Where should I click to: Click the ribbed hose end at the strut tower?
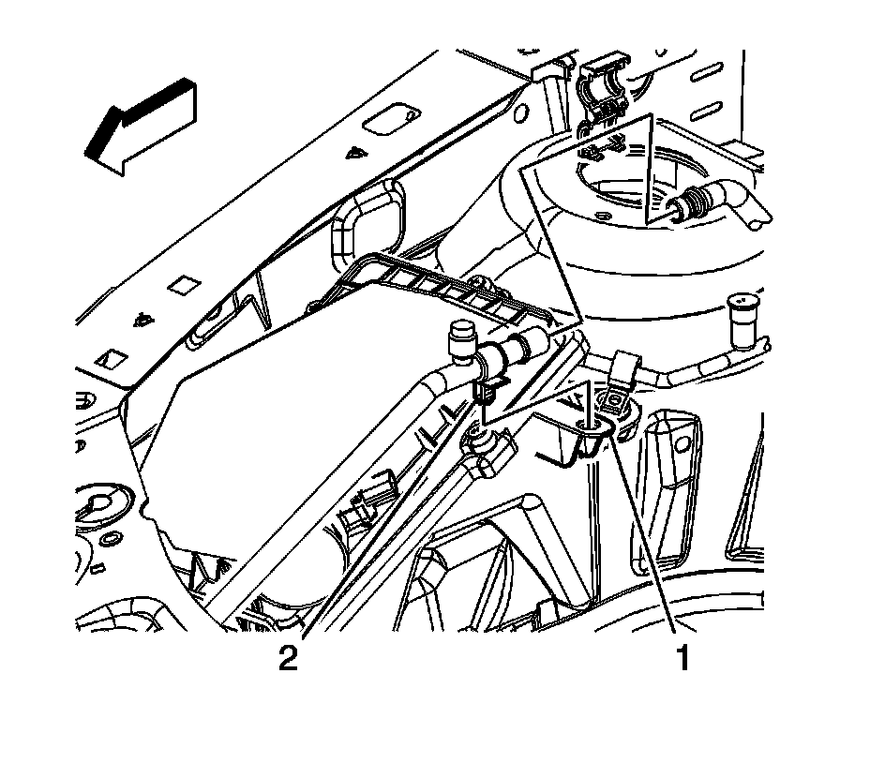[695, 201]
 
